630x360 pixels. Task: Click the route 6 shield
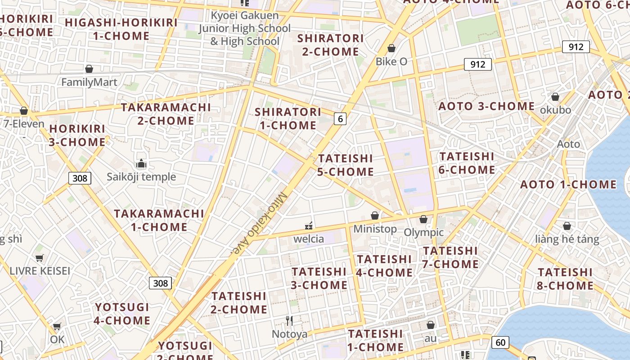pos(340,119)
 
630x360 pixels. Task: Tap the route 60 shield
pos(500,342)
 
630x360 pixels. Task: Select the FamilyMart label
pos(89,82)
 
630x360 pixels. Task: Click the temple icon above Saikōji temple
pos(141,163)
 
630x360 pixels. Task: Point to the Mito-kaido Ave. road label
pos(260,224)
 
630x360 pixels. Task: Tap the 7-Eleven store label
pos(24,124)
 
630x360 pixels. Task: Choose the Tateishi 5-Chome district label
pos(346,165)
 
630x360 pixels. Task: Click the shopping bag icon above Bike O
pos(391,48)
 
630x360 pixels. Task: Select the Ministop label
pos(375,229)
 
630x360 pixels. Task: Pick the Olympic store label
pos(423,232)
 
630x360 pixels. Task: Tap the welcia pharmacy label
pos(309,238)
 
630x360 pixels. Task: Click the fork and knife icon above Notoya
pos(289,321)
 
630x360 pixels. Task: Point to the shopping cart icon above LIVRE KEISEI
pos(40,258)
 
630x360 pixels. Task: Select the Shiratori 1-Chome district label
pos(288,118)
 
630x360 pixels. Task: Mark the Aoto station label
pos(568,144)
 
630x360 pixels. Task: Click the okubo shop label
pos(555,110)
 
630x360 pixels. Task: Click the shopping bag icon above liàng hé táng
pos(567,226)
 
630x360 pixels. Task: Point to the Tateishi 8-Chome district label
pos(565,279)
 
